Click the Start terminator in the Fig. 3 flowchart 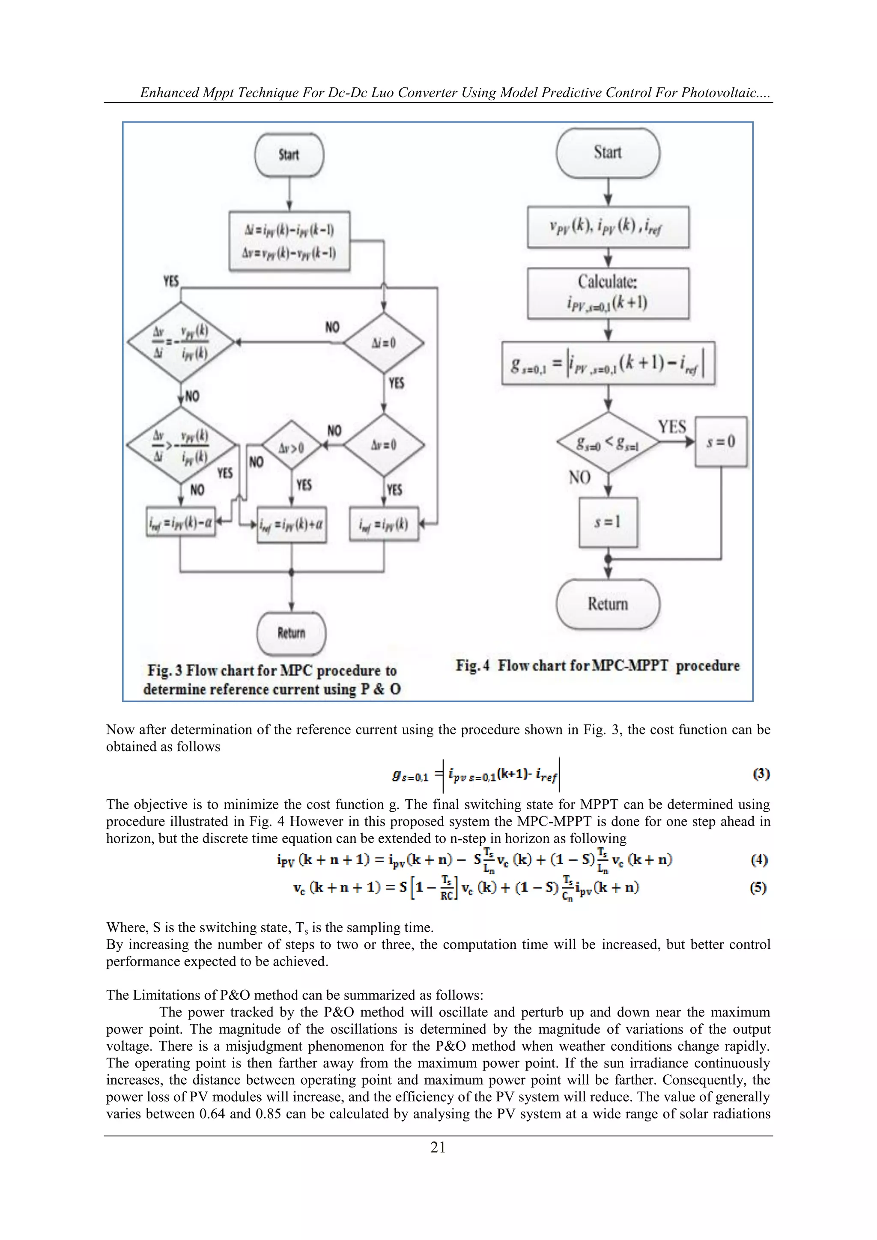[289, 155]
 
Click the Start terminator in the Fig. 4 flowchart [608, 153]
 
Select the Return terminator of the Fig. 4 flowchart [608, 604]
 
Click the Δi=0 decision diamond [384, 343]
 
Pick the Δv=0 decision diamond [384, 445]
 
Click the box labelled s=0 [721, 442]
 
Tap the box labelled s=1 [608, 522]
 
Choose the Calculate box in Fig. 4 [608, 293]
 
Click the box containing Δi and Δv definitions [289, 241]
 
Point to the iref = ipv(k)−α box [181, 522]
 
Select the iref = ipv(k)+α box [292, 525]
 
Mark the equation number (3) [761, 774]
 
